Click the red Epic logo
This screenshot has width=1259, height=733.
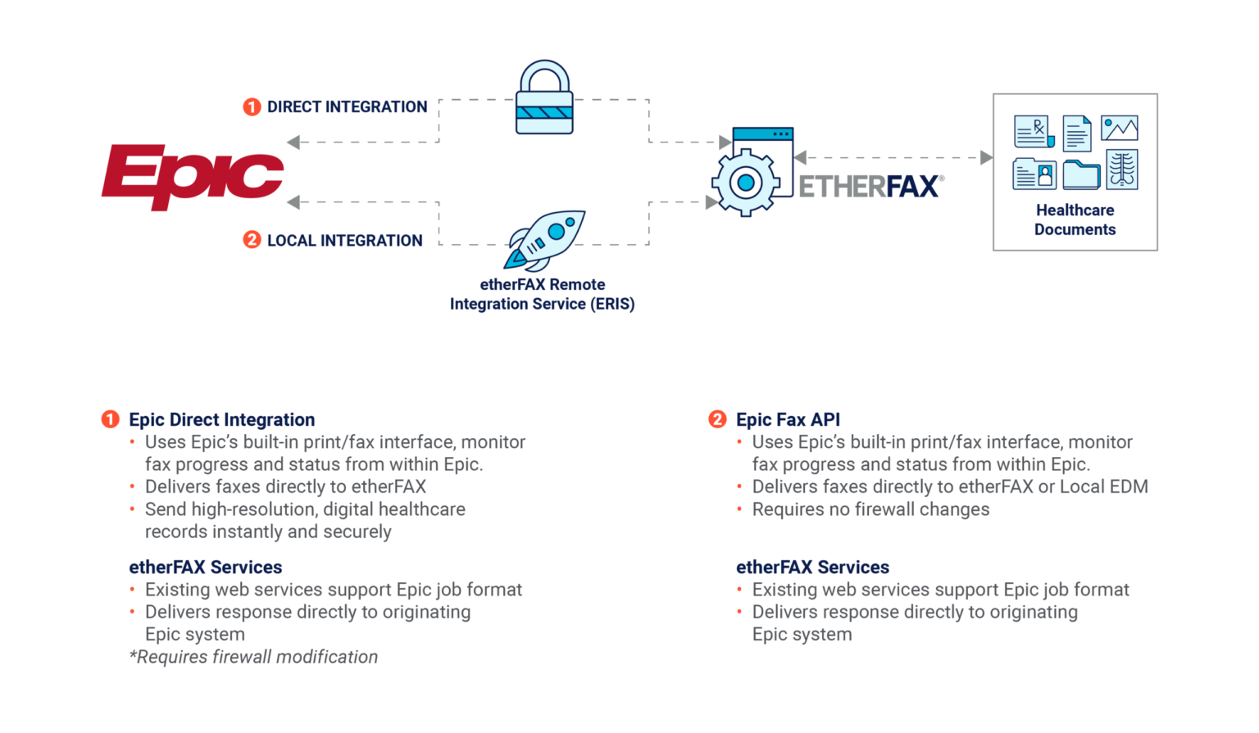tap(193, 176)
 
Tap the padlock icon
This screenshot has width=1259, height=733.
tap(544, 99)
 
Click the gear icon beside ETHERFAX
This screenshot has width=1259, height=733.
tap(745, 182)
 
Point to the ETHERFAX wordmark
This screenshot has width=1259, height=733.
tap(869, 186)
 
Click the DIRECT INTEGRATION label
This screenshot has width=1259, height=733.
tap(347, 107)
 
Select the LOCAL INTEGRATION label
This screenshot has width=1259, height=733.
tap(344, 240)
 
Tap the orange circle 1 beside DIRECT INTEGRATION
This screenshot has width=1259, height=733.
tap(252, 107)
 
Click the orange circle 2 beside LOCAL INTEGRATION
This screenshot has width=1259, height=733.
tap(252, 240)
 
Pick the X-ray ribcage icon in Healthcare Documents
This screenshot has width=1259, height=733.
tap(1121, 170)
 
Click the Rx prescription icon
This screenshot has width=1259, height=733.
tap(1033, 131)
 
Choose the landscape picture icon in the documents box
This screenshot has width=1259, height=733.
tap(1119, 129)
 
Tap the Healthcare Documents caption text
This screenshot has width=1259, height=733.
tap(1075, 219)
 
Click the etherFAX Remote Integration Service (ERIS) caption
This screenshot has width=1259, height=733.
tap(542, 295)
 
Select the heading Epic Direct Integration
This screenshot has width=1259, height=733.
tap(222, 420)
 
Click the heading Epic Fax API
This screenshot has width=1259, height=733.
tap(788, 420)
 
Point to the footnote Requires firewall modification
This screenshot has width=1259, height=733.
tap(253, 657)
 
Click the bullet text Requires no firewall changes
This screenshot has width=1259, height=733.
tap(870, 509)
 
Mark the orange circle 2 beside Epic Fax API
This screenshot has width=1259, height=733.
tap(717, 420)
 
